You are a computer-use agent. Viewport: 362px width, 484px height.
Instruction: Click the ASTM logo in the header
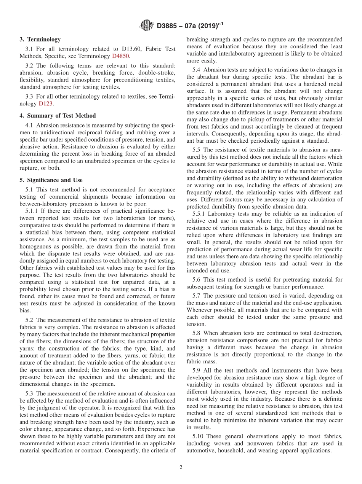click(x=147, y=26)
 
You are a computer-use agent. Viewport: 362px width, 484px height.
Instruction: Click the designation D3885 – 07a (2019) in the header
click(x=188, y=26)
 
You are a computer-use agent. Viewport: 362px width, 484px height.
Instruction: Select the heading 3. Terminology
click(x=40, y=39)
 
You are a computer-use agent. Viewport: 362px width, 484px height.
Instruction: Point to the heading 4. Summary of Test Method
click(x=58, y=115)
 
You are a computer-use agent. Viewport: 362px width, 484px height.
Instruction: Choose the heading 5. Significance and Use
click(x=51, y=180)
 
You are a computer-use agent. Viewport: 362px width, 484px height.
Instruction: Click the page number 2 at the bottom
click(x=181, y=468)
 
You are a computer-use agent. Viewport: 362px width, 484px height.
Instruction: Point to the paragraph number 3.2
click(x=29, y=65)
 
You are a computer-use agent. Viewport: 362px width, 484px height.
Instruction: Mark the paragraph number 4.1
click(x=29, y=125)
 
